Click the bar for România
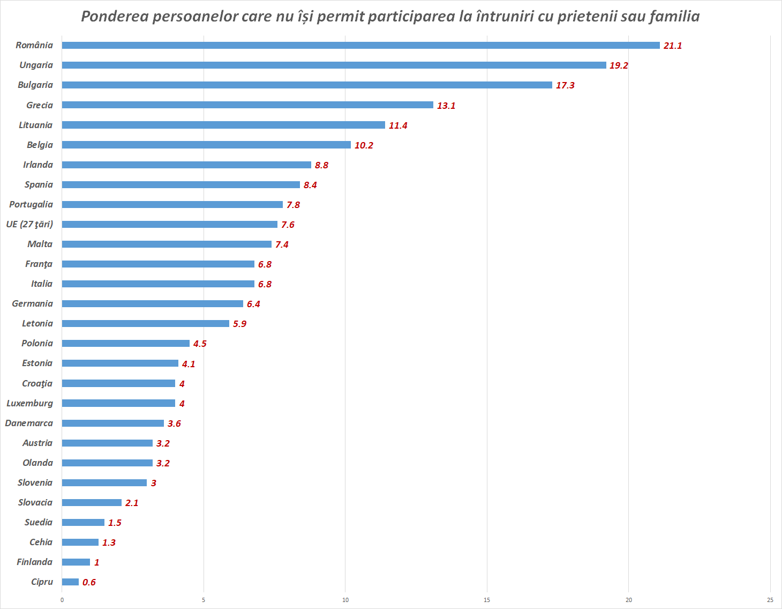(x=360, y=45)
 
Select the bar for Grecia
(x=247, y=105)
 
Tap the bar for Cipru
(x=70, y=582)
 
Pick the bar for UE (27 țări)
(x=169, y=224)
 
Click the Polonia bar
(x=125, y=343)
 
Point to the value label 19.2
(x=619, y=65)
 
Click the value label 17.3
(x=565, y=85)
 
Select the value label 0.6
(x=89, y=582)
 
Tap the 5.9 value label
(x=239, y=324)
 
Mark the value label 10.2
(x=364, y=145)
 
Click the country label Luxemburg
(x=29, y=403)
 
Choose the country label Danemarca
(x=29, y=423)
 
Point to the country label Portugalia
(x=31, y=204)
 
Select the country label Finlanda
(x=34, y=562)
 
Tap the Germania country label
(x=32, y=303)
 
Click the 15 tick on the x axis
(x=487, y=600)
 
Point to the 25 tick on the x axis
(x=770, y=600)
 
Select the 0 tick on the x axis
(x=62, y=600)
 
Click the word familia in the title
(x=675, y=16)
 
